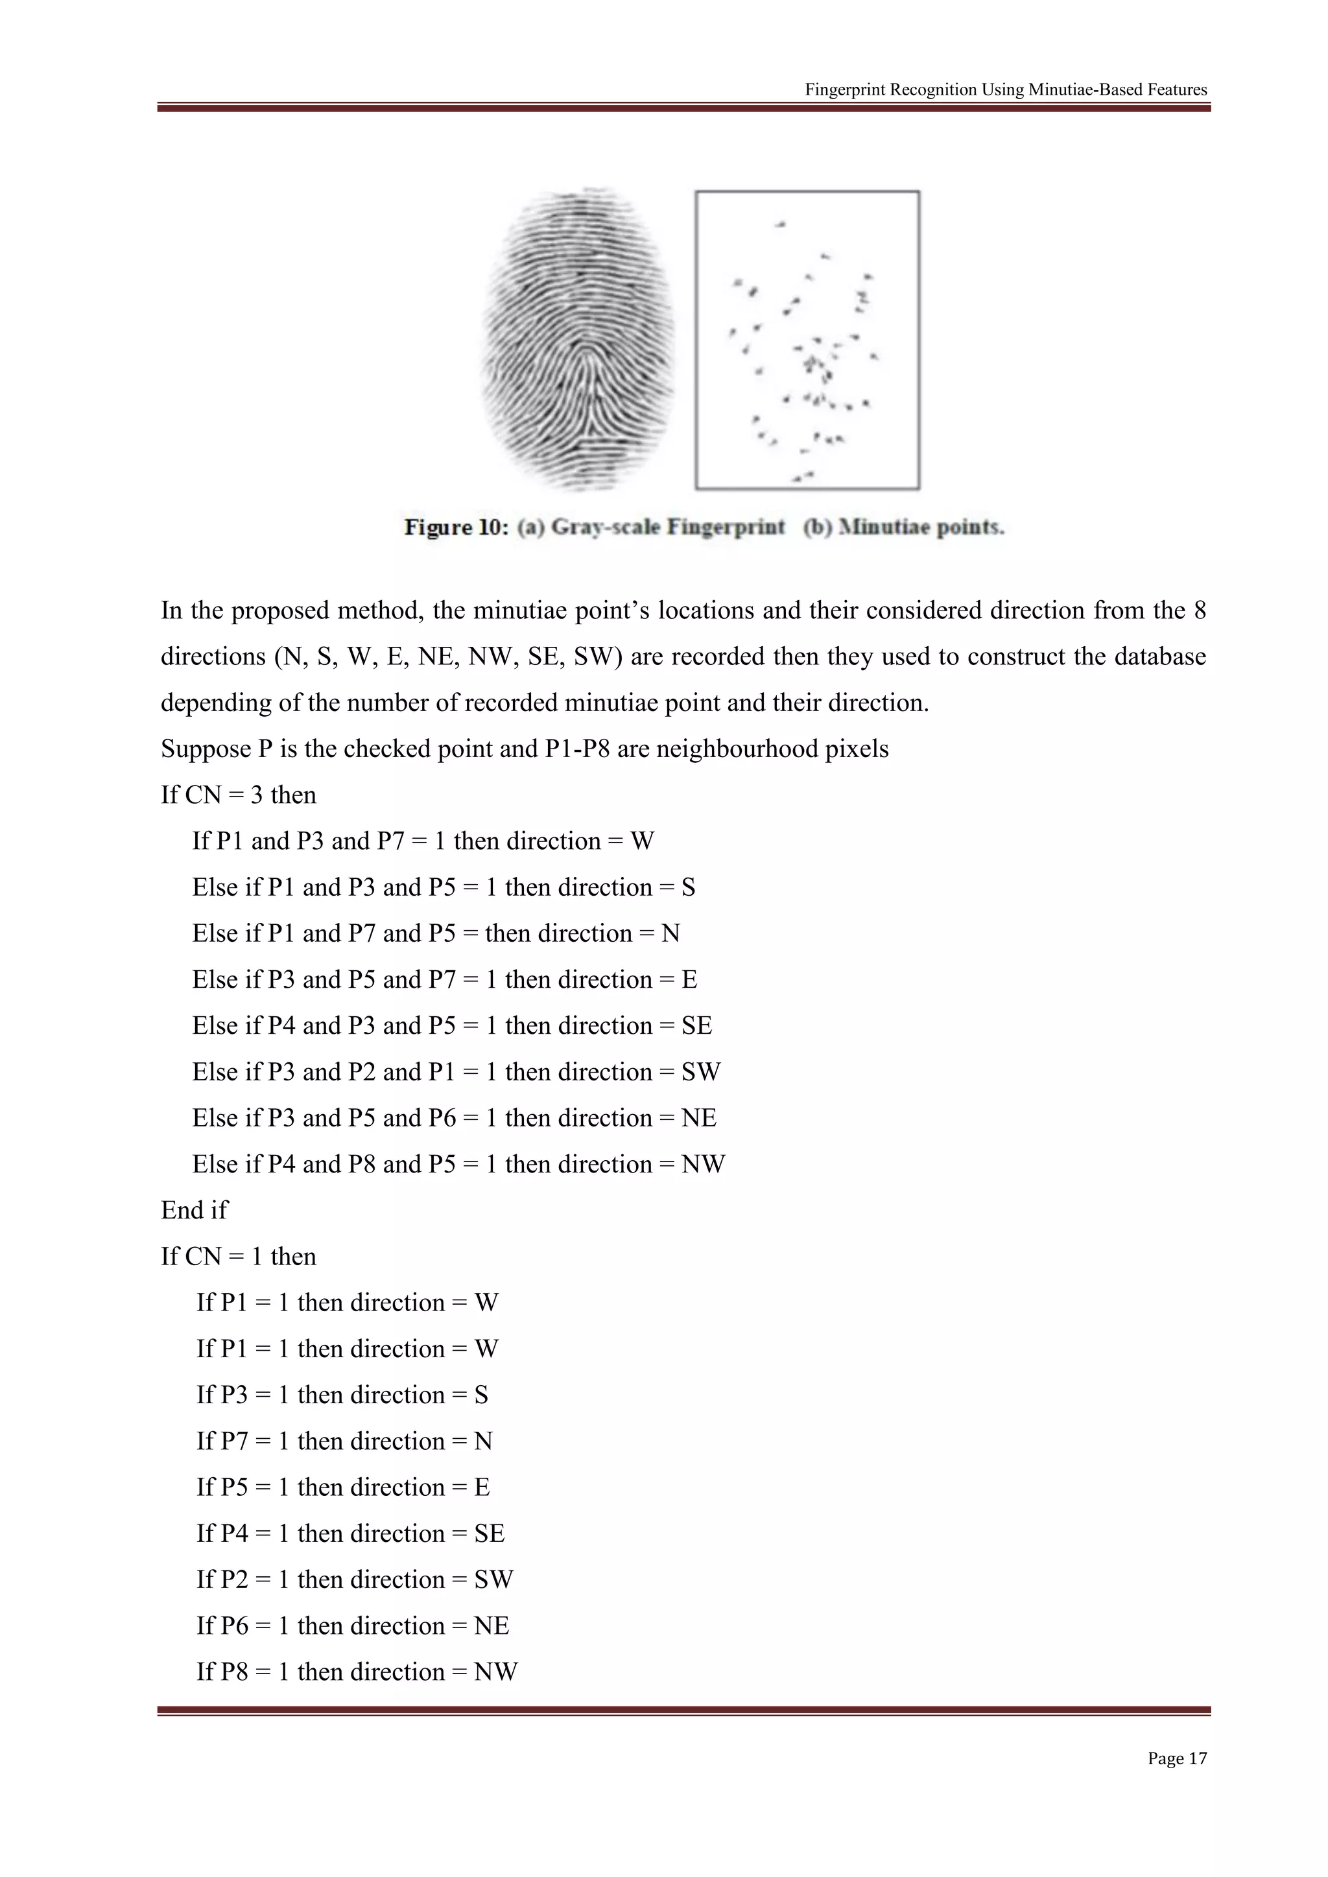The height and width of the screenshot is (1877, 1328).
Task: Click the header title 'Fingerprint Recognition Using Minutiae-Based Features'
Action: click(x=1005, y=90)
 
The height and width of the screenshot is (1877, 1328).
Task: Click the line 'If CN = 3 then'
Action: click(x=238, y=795)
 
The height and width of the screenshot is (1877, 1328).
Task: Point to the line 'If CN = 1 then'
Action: click(x=238, y=1257)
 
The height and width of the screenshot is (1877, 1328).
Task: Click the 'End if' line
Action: click(x=195, y=1210)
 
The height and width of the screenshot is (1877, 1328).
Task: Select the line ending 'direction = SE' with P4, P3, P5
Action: click(x=451, y=1026)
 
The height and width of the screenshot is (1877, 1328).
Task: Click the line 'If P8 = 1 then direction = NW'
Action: click(x=357, y=1672)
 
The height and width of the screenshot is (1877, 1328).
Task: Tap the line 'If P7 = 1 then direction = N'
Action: click(x=344, y=1441)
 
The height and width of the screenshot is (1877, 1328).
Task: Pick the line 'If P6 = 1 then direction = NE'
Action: click(x=353, y=1626)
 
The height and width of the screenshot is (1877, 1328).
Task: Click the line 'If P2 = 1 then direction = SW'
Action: click(x=354, y=1580)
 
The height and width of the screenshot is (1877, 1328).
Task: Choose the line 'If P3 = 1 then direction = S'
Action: click(x=342, y=1395)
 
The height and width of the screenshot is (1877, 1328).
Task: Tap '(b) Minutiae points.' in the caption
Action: click(x=903, y=528)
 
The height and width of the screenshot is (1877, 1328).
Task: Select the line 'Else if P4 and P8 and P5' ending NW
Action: click(x=458, y=1164)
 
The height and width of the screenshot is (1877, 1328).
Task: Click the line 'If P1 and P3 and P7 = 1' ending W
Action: click(x=423, y=841)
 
